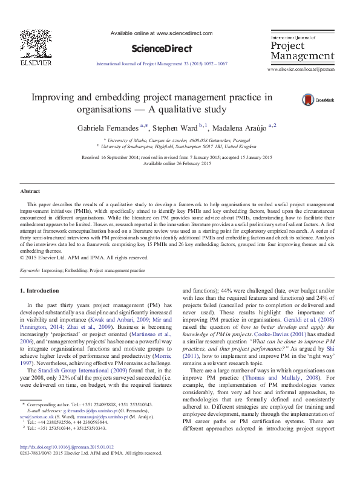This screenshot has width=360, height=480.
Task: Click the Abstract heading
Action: [x=30, y=191]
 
